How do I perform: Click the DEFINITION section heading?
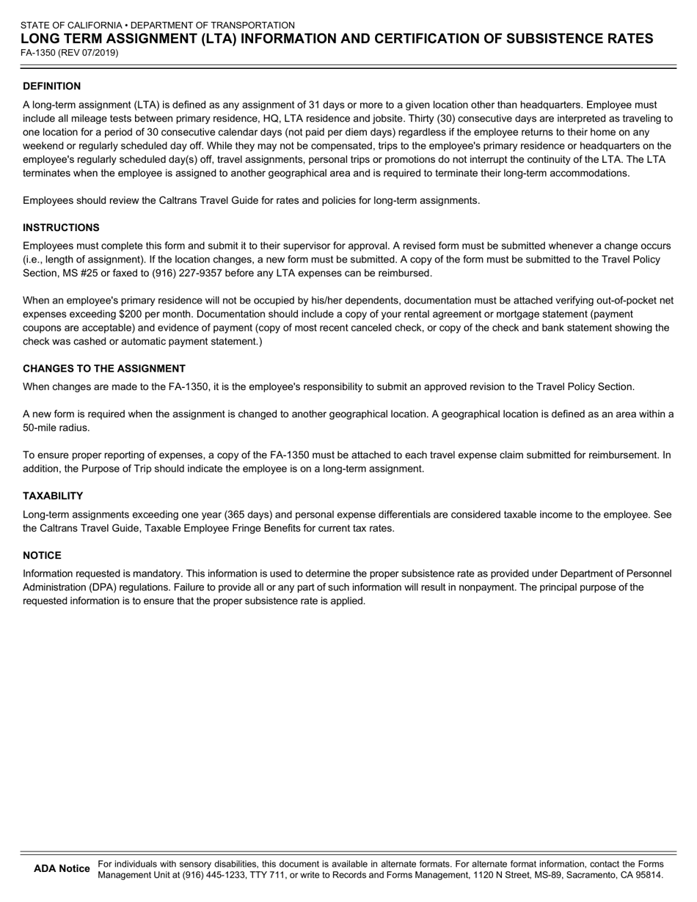pos(51,86)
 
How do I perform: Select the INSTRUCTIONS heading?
pos(61,227)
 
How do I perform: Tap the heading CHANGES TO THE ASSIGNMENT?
pos(104,368)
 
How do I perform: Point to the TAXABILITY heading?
pos(53,496)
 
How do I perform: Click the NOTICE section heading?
pos(42,555)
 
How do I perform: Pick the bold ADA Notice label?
pos(62,869)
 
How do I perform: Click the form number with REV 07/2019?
pos(70,53)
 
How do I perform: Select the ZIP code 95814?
pos(648,875)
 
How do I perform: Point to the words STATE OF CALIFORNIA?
pos(70,25)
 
